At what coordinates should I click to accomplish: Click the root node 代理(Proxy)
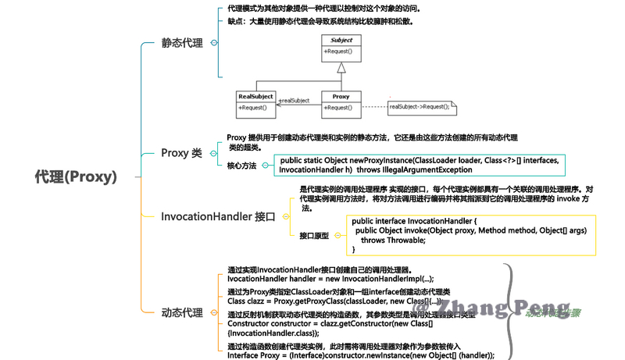click(x=75, y=177)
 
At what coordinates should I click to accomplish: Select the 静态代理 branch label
click(x=182, y=43)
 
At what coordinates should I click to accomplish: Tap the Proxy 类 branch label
click(x=181, y=153)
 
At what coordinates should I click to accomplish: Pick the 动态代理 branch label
click(x=182, y=313)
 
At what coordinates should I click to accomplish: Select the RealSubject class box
click(x=256, y=102)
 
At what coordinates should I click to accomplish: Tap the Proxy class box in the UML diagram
click(x=341, y=102)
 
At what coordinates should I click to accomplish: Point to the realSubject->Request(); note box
click(x=420, y=105)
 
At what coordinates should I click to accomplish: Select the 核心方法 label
click(x=241, y=166)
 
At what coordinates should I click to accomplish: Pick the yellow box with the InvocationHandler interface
click(x=462, y=235)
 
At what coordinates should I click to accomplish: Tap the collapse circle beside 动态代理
click(x=213, y=313)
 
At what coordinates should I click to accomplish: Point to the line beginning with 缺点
click(x=320, y=22)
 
